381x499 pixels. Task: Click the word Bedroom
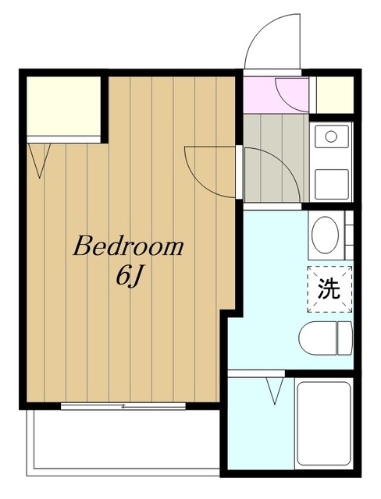[x=129, y=248]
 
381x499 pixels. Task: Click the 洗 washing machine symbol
[x=329, y=289]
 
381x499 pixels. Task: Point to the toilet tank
[x=344, y=336]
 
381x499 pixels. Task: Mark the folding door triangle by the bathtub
[x=274, y=390]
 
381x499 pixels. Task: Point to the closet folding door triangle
[x=41, y=159]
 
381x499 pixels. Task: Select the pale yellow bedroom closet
[x=63, y=105]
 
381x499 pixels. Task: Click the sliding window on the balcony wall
[x=123, y=406]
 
